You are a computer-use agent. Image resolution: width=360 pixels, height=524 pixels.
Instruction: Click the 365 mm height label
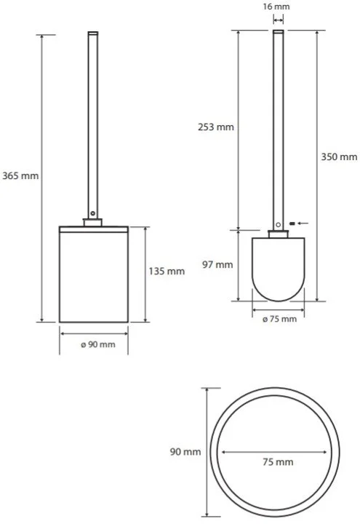click(20, 175)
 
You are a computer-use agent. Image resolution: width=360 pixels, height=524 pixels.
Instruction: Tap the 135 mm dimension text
click(167, 271)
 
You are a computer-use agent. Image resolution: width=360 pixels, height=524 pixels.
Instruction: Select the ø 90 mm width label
click(98, 344)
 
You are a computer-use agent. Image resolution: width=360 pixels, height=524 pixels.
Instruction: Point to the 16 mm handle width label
click(276, 7)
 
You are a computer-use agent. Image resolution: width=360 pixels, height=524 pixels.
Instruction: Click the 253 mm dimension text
click(216, 127)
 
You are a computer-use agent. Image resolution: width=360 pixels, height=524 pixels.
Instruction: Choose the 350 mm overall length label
click(339, 156)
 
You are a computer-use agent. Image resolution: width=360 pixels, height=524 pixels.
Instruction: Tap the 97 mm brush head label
click(217, 265)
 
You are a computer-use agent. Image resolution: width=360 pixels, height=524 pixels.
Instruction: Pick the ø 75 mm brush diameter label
click(279, 319)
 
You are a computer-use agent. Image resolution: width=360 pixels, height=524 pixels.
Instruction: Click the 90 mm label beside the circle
click(185, 452)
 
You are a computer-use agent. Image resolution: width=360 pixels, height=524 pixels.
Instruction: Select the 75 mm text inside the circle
click(278, 462)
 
